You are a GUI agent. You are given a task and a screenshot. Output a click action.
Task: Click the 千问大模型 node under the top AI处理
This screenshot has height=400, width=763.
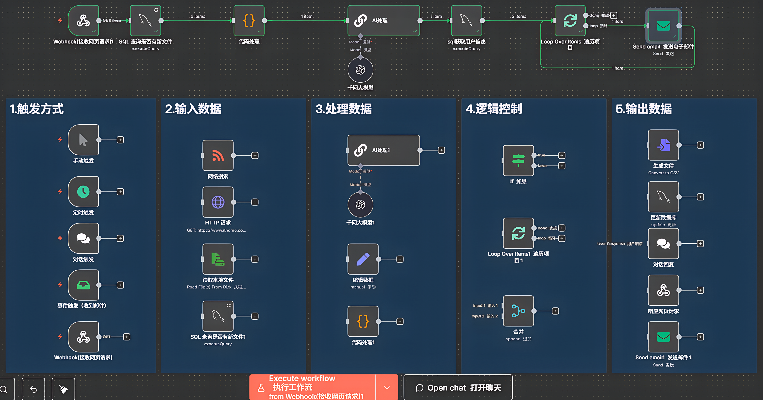coord(360,70)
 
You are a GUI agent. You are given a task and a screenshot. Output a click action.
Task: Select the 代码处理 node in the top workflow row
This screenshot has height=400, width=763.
coord(249,21)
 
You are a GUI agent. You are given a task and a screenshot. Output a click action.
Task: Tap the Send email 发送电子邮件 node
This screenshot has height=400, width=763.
coord(663,26)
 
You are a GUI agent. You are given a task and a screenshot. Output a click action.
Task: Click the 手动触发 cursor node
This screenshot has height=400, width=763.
coord(83,140)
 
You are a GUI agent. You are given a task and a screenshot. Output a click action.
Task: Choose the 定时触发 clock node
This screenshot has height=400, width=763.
coord(83,192)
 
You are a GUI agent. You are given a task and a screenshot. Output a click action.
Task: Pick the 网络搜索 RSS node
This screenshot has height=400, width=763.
coord(218,155)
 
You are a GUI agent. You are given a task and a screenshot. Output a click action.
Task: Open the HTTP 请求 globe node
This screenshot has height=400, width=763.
coord(218,202)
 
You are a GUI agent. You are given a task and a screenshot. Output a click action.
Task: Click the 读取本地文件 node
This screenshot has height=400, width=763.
coord(218,259)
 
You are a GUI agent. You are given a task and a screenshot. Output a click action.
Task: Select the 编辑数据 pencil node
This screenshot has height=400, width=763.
coord(363,259)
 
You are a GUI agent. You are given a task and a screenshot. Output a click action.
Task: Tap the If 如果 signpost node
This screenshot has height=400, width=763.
coord(518,160)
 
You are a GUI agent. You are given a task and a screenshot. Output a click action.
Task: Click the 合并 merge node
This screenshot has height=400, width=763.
coord(518,311)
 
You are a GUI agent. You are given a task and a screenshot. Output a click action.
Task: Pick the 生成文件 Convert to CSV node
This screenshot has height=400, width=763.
coord(663,145)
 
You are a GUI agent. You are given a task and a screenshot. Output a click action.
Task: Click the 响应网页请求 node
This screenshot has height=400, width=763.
coord(663,290)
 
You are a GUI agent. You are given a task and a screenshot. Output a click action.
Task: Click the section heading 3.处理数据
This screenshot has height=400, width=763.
coord(343,109)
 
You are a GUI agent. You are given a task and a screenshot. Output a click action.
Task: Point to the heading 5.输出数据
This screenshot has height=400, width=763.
coord(643,109)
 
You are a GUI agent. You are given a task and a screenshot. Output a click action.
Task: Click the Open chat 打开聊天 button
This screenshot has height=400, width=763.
coord(458,388)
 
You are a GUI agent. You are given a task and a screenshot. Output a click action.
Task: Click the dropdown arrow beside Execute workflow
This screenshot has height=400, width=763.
coord(387,388)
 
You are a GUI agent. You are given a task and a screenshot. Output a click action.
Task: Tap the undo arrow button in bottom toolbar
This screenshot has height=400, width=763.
coord(34,389)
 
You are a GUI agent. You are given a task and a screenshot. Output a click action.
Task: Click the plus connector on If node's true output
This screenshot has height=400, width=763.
coord(562,155)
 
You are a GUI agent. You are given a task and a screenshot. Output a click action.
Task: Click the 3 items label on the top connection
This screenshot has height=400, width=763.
coord(198,16)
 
